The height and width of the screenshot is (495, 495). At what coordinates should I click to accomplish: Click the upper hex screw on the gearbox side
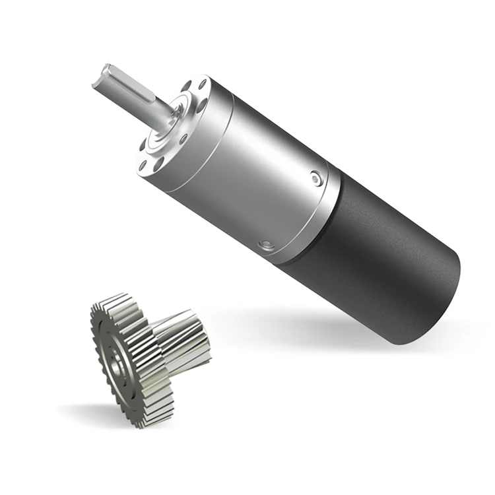coord(317,178)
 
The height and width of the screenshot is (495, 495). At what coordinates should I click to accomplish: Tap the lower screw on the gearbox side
coord(267,246)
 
